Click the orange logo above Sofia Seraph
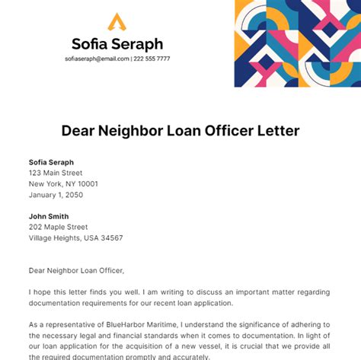tap(117, 22)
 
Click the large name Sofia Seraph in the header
tap(117, 44)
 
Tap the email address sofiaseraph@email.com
tap(97, 59)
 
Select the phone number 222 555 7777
tap(152, 59)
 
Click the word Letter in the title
tap(281, 131)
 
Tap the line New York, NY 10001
tap(63, 183)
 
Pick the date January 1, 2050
tap(56, 195)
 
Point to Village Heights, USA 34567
tap(76, 238)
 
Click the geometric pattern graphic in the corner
tap(297, 43)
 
